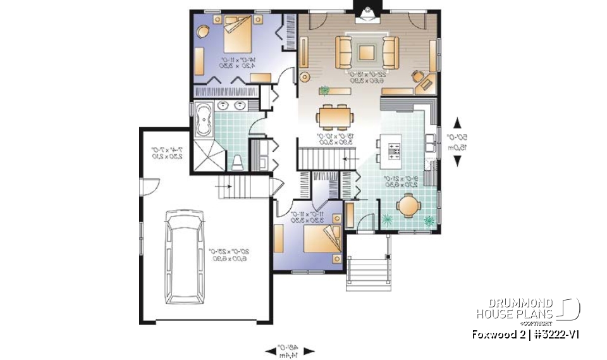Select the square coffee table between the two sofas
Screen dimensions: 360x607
pos(367,53)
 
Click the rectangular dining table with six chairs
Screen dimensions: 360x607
pos(336,116)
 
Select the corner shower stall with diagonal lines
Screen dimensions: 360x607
pos(207,155)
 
